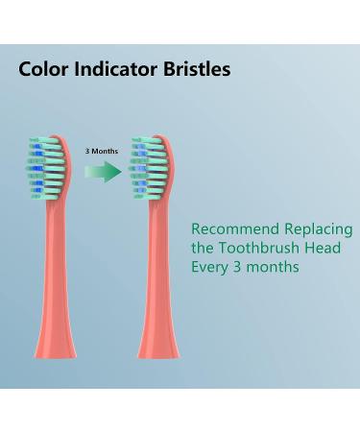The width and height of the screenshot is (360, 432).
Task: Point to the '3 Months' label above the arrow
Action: pyautogui.click(x=102, y=150)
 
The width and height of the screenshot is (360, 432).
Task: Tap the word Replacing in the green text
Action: pyautogui.click(x=317, y=230)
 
